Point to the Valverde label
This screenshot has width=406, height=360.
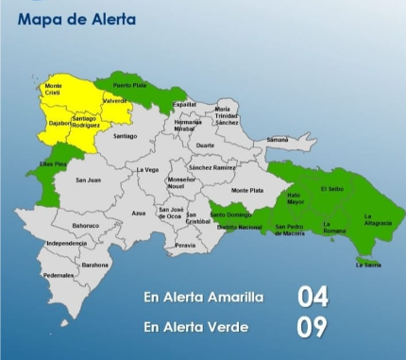click(x=115, y=101)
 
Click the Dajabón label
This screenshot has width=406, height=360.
click(x=59, y=123)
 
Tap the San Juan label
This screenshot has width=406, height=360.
click(x=88, y=180)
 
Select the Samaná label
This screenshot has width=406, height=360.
click(x=277, y=140)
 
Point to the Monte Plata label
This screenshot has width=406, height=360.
click(x=247, y=191)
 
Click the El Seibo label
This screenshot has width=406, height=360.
click(x=332, y=188)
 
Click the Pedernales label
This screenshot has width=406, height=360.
click(x=59, y=275)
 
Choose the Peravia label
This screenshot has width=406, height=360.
click(x=185, y=246)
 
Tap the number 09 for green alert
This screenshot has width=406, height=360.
click(x=313, y=328)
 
